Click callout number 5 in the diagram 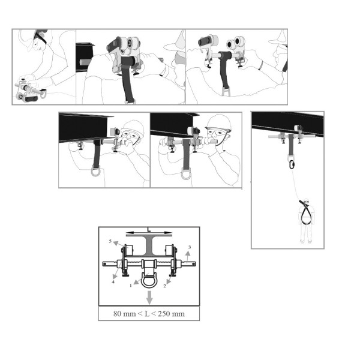[110, 241]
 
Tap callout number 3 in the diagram [190, 247]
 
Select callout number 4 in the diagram [113, 282]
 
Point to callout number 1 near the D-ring [131, 286]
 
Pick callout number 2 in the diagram [164, 286]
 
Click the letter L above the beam [149, 229]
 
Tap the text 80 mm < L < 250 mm [149, 314]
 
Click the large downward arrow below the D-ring [149, 298]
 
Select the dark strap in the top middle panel [128, 78]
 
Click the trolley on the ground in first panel [29, 91]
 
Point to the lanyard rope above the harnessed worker [296, 184]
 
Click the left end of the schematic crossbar [103, 264]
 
